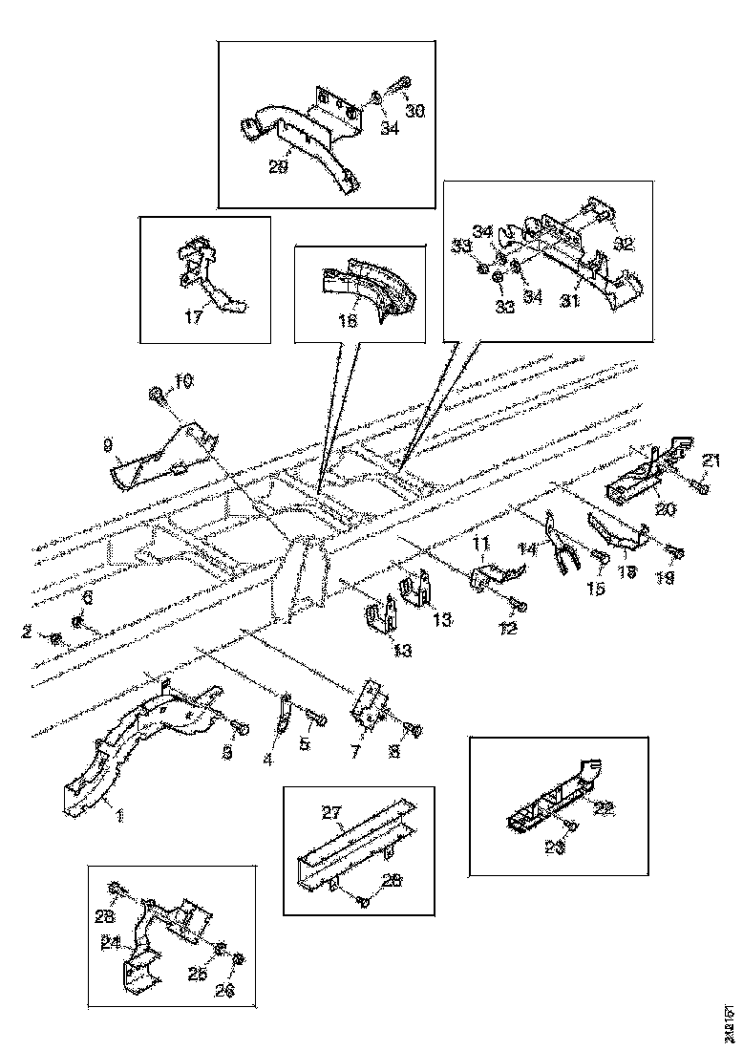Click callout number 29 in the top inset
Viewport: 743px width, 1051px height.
point(277,166)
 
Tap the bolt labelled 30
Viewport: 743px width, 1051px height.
point(404,83)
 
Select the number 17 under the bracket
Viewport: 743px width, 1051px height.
point(194,317)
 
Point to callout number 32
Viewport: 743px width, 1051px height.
point(623,244)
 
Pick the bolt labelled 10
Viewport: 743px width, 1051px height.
point(156,394)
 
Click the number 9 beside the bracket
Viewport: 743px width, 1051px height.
point(109,444)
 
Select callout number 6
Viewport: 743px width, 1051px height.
point(88,597)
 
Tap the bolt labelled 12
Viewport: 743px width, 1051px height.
point(518,605)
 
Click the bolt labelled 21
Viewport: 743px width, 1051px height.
point(700,487)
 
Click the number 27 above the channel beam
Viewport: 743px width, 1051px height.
point(331,814)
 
